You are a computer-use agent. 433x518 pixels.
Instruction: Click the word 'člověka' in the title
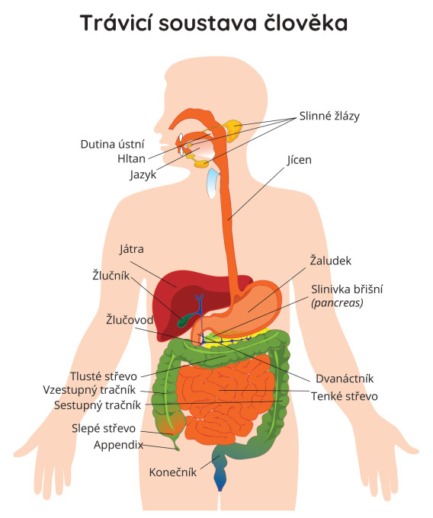pyautogui.click(x=306, y=22)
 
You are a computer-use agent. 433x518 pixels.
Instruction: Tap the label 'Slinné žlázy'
pyautogui.click(x=329, y=116)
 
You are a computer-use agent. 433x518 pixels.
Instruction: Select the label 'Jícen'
pyautogui.click(x=299, y=160)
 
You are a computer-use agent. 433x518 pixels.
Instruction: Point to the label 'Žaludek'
pyautogui.click(x=331, y=261)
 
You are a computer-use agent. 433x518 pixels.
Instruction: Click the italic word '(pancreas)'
pyautogui.click(x=337, y=302)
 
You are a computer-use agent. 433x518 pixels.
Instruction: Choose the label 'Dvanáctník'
pyautogui.click(x=345, y=379)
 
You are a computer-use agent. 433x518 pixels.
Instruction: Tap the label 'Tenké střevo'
pyautogui.click(x=344, y=396)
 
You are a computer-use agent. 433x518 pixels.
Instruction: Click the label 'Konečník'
pyautogui.click(x=172, y=472)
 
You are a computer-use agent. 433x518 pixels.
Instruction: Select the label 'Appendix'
pyautogui.click(x=118, y=445)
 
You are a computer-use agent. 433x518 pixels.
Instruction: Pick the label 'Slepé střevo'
pyautogui.click(x=104, y=428)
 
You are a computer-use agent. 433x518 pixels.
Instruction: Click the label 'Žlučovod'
pyautogui.click(x=130, y=320)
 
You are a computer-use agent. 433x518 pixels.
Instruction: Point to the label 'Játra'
pyautogui.click(x=132, y=249)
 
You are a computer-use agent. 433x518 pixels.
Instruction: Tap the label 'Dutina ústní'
pyautogui.click(x=112, y=145)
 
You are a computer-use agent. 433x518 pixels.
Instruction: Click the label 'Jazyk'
pyautogui.click(x=143, y=174)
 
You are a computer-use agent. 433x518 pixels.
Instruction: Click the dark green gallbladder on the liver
pyautogui.click(x=185, y=318)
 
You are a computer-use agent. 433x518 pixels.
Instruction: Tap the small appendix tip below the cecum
pyautogui.click(x=175, y=443)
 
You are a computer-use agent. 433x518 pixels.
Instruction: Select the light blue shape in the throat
pyautogui.click(x=212, y=182)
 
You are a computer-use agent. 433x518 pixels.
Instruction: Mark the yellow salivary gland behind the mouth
pyautogui.click(x=233, y=130)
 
